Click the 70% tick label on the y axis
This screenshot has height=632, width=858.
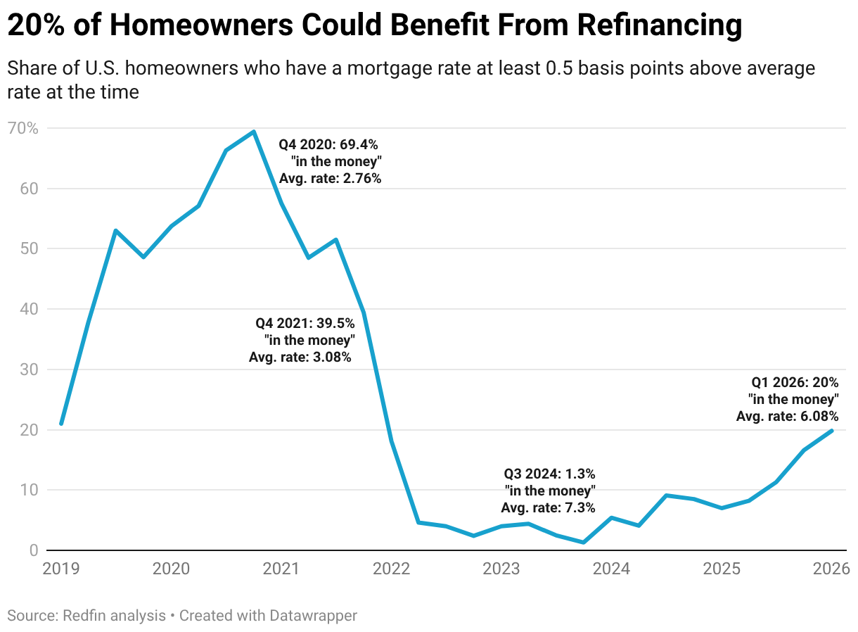[23, 128]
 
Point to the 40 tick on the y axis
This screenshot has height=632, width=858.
[29, 309]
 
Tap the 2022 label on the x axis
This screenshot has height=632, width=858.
[392, 567]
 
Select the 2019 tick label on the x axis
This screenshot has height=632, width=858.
[62, 567]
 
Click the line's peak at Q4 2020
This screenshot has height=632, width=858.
[254, 132]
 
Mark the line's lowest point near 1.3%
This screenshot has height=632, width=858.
[584, 542]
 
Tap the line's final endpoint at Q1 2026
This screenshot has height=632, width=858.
[832, 430]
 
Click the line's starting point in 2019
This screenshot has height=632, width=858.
[62, 424]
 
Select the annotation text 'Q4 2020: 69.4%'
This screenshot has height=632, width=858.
[328, 144]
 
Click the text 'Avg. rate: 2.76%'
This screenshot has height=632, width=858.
[330, 178]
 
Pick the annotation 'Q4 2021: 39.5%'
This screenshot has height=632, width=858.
[305, 323]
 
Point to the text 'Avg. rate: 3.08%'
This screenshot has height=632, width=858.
[300, 357]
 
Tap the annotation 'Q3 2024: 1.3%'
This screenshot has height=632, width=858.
[549, 474]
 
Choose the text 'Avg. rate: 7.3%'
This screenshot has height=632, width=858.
[548, 507]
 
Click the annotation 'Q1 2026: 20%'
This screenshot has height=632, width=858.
[795, 383]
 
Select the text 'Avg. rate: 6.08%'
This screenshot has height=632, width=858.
[787, 417]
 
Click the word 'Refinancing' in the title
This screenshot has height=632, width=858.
[660, 26]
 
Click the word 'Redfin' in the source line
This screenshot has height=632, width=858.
[85, 615]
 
